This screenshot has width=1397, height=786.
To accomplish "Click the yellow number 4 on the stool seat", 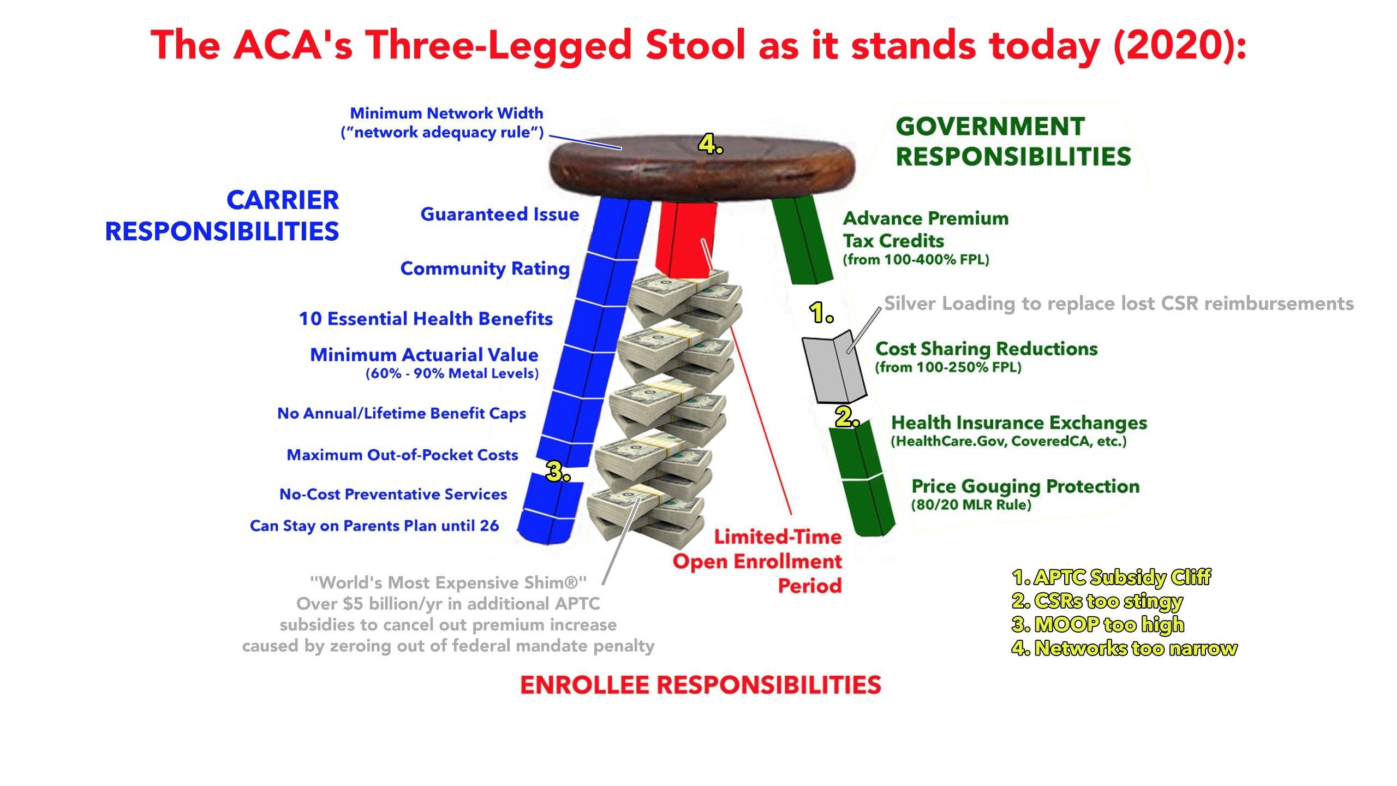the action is (711, 145).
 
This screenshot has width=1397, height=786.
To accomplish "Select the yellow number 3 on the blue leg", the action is (558, 471).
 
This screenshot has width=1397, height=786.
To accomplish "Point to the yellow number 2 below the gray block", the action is (847, 418).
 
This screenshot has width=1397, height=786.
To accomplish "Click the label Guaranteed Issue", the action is (499, 214).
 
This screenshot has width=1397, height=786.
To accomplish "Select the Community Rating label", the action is (485, 269).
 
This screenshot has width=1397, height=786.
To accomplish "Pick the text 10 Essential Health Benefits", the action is (426, 319).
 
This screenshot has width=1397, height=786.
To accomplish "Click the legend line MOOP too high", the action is (1098, 624).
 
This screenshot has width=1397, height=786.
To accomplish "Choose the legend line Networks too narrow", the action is (1124, 648).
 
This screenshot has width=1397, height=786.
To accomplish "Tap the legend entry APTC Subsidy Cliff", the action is (1111, 577).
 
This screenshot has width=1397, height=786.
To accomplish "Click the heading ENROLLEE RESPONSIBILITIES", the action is (701, 685).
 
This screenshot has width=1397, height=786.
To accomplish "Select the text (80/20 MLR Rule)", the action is (971, 504).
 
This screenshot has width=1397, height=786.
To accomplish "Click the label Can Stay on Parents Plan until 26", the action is (374, 526).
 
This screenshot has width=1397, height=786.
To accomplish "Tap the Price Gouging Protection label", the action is (1026, 486).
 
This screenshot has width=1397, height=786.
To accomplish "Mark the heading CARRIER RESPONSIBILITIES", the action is (222, 216).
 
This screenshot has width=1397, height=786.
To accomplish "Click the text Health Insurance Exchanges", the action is (1019, 422).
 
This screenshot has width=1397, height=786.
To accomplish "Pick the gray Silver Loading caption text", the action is (1119, 303).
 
